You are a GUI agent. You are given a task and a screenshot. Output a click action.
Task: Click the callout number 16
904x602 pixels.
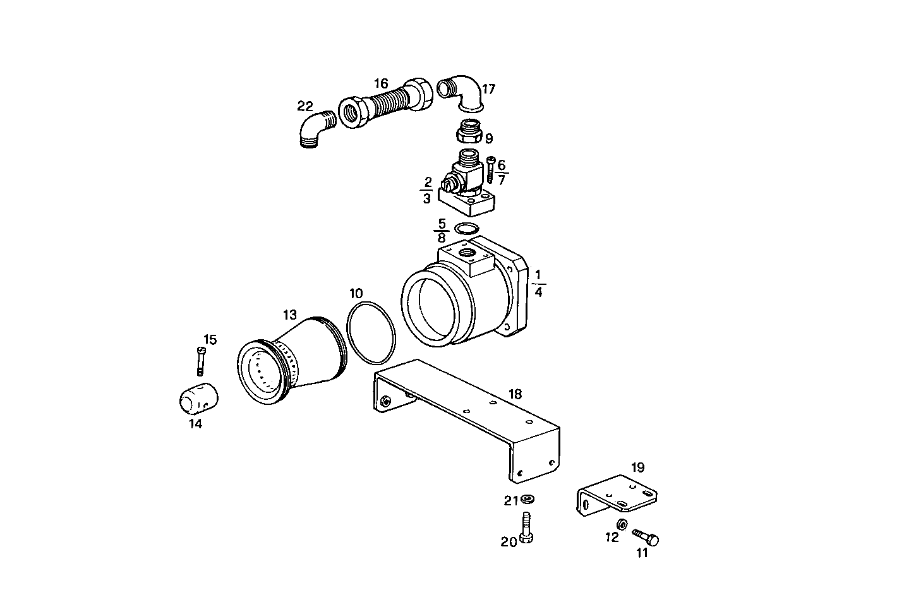click(x=380, y=83)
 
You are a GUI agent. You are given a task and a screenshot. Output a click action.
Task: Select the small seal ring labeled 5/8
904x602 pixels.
click(x=467, y=228)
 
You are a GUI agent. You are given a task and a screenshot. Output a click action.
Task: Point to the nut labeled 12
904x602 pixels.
click(x=622, y=524)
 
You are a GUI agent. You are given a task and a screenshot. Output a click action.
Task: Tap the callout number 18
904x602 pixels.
click(x=515, y=394)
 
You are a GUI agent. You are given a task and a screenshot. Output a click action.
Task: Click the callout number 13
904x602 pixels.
click(x=289, y=315)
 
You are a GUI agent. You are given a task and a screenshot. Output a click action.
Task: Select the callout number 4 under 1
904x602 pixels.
click(x=538, y=292)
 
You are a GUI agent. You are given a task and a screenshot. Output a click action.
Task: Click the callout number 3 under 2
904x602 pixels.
click(x=427, y=198)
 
